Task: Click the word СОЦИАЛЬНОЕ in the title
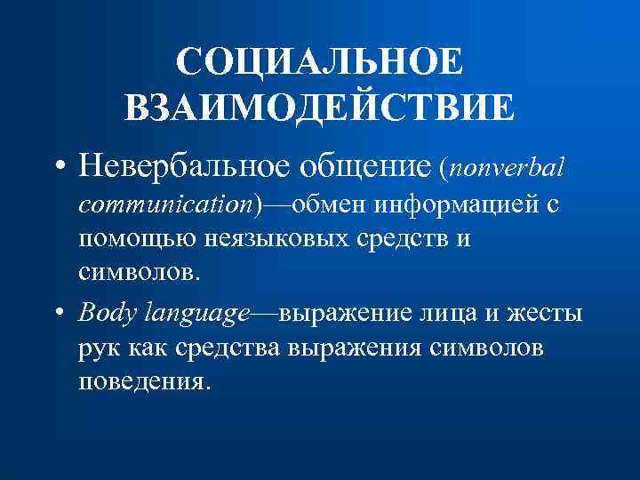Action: (319, 63)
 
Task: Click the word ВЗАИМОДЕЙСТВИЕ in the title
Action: (319, 108)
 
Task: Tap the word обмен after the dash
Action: (328, 206)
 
